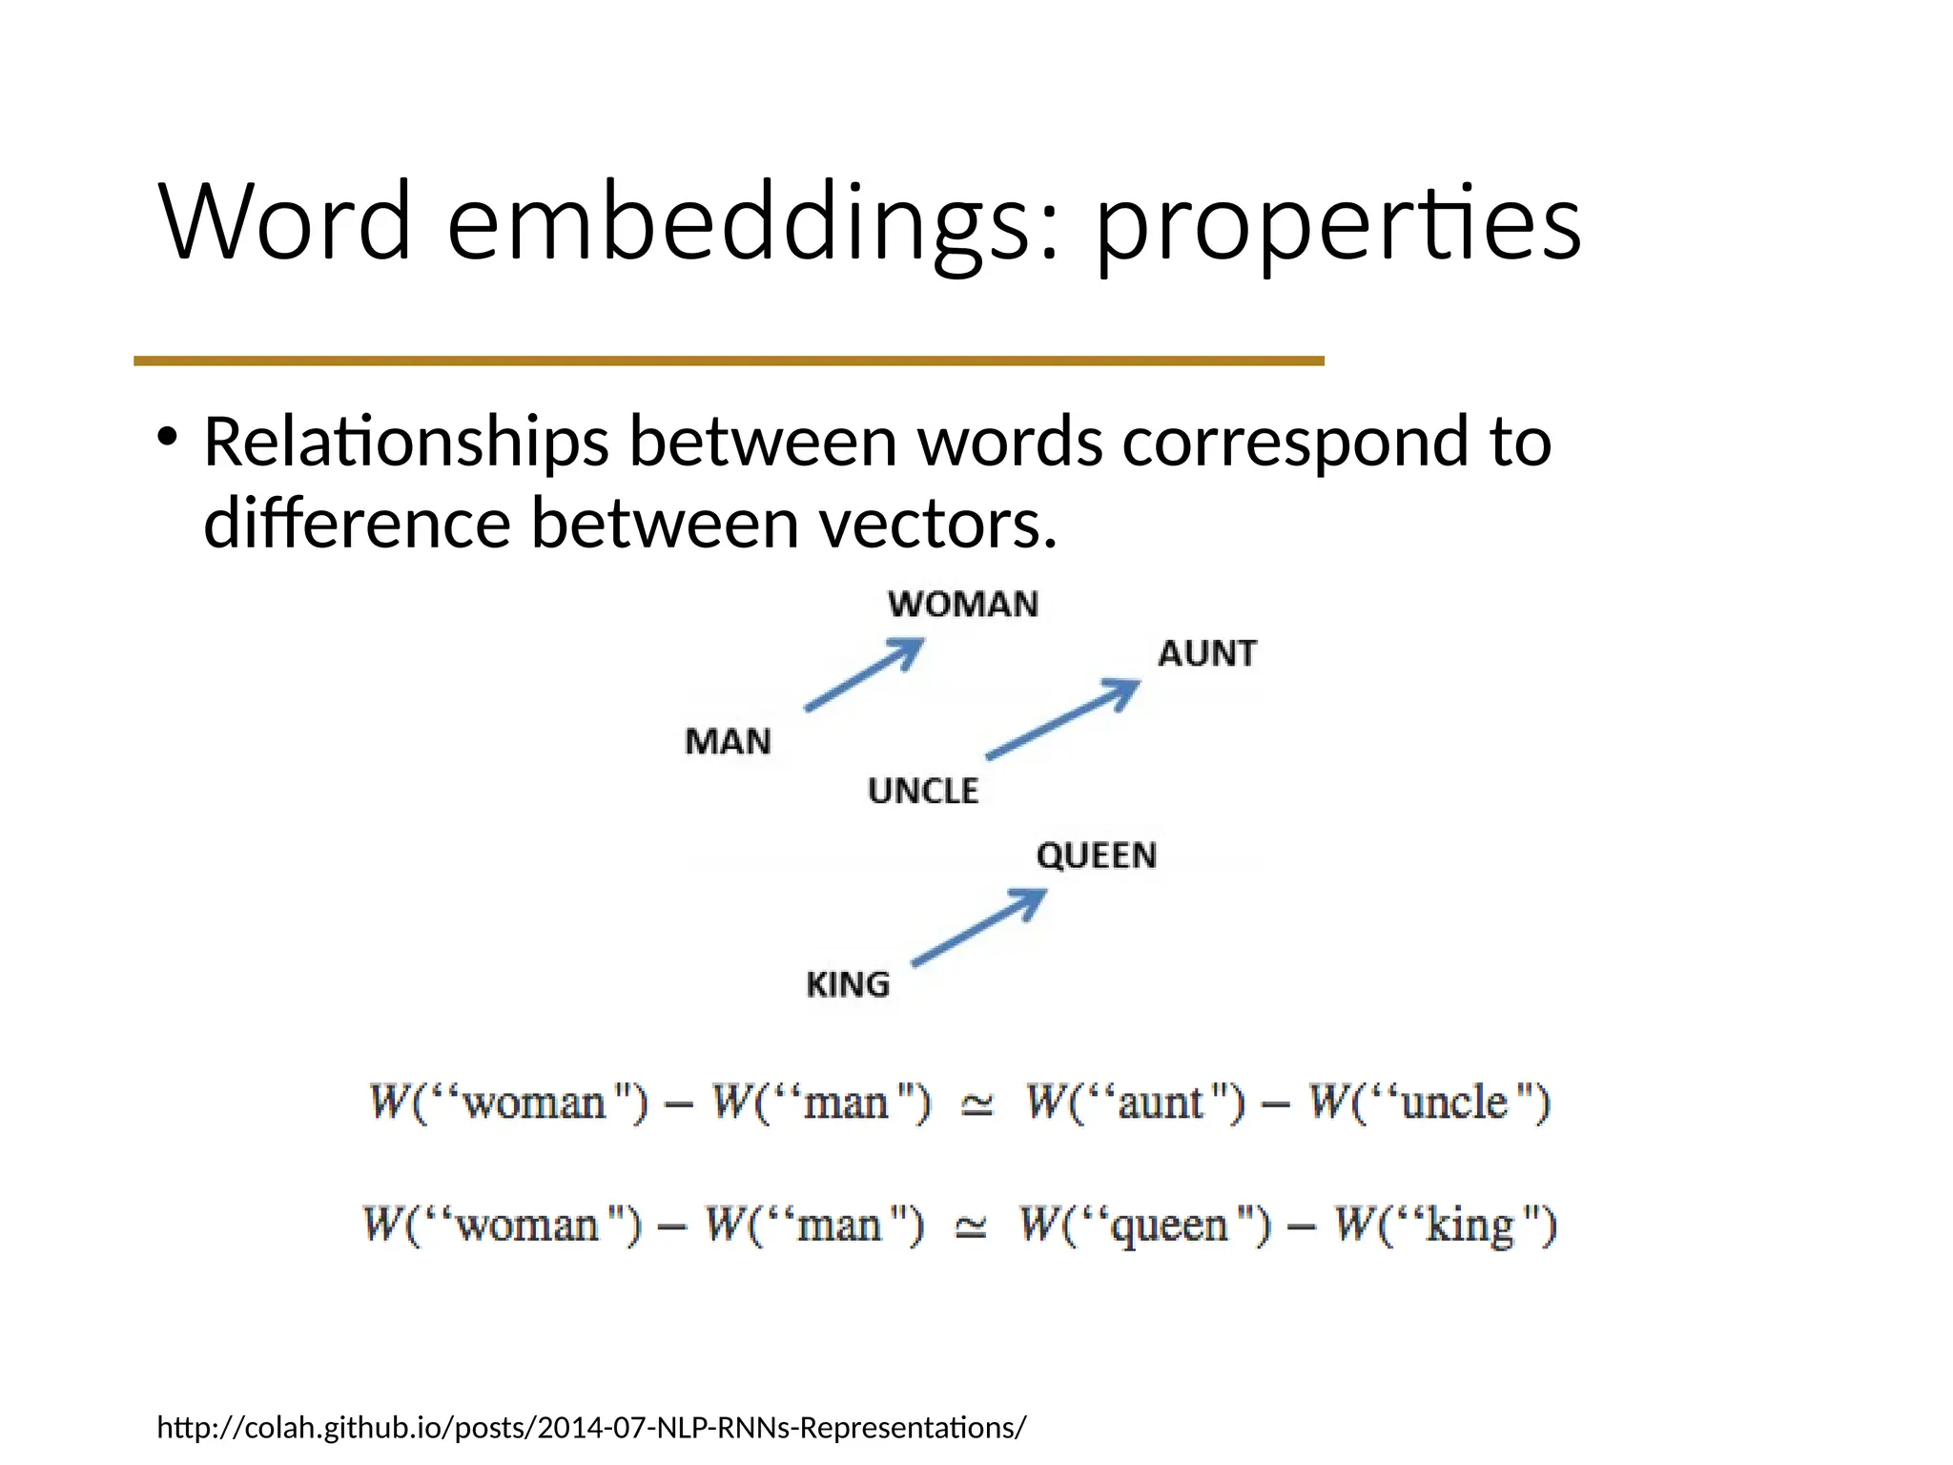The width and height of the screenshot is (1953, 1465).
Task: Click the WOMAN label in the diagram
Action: click(962, 605)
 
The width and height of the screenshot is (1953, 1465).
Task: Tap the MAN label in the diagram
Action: click(728, 741)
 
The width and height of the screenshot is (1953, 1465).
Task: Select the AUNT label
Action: click(1207, 653)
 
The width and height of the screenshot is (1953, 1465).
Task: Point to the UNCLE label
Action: click(923, 791)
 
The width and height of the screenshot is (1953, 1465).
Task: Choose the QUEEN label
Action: click(1097, 856)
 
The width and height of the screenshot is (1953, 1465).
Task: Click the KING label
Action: click(848, 984)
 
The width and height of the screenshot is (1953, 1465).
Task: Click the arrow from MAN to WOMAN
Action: click(864, 675)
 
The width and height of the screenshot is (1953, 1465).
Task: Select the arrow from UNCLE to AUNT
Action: click(1062, 719)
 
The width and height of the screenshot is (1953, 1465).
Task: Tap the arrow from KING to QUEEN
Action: click(979, 928)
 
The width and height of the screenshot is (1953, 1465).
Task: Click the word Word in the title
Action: click(285, 222)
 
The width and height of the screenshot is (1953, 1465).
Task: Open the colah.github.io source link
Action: click(591, 1428)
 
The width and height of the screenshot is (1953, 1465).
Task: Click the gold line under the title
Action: click(729, 361)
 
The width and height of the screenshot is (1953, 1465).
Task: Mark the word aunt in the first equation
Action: click(1160, 1104)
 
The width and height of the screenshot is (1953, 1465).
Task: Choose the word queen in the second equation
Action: click(1170, 1226)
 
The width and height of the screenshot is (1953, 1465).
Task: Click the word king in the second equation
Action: click(1470, 1226)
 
